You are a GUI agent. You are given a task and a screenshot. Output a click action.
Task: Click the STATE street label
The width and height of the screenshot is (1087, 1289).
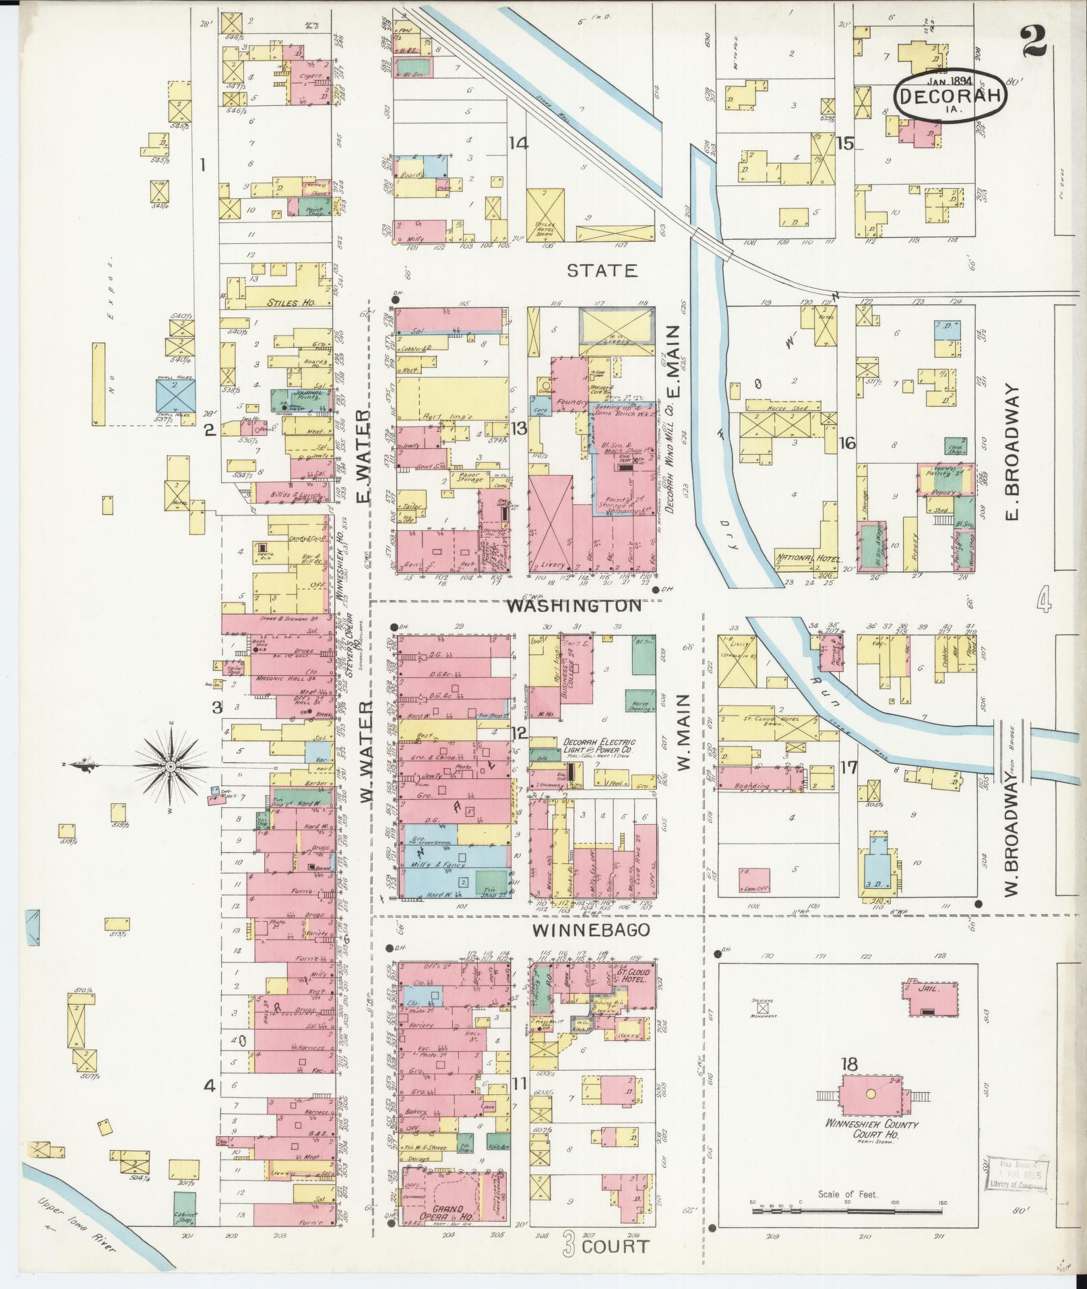pyautogui.click(x=602, y=271)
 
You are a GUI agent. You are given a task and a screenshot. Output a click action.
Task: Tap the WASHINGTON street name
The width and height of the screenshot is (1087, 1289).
pyautogui.click(x=574, y=606)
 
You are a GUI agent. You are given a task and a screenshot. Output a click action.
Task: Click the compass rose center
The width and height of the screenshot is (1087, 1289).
pyautogui.click(x=171, y=766)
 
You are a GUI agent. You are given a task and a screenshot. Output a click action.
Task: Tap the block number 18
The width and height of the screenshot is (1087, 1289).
pyautogui.click(x=849, y=1065)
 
